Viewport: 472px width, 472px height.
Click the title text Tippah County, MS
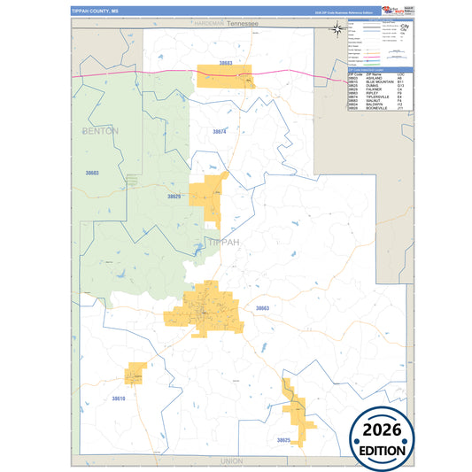point(97,10)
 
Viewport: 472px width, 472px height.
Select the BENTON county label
point(98,131)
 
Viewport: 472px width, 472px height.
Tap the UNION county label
point(231,461)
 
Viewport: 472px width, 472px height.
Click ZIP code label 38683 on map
point(225,64)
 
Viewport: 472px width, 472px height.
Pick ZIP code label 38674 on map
point(220,131)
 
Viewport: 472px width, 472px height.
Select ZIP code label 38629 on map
point(174,197)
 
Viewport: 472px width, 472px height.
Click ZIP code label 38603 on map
point(91,173)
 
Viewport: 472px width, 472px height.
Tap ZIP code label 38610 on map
point(119,398)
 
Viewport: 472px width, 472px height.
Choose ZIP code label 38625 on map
point(283,440)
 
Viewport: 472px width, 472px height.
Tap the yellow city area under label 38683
point(225,75)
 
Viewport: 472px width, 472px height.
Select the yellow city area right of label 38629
point(214,198)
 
